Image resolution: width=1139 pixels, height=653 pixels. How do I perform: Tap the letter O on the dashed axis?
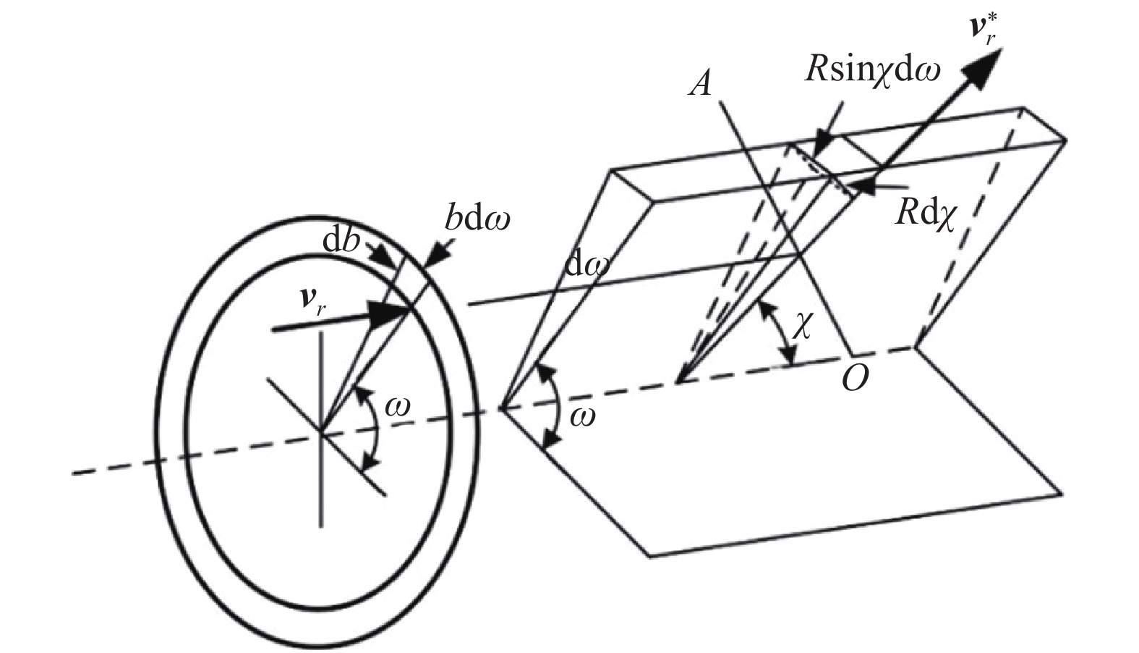[854, 378]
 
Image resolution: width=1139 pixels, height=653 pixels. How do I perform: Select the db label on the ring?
[342, 242]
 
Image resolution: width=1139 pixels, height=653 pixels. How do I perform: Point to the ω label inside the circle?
[397, 408]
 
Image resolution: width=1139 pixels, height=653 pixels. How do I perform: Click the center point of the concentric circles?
[321, 433]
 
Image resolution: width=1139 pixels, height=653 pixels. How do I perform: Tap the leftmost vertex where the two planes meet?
[503, 409]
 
